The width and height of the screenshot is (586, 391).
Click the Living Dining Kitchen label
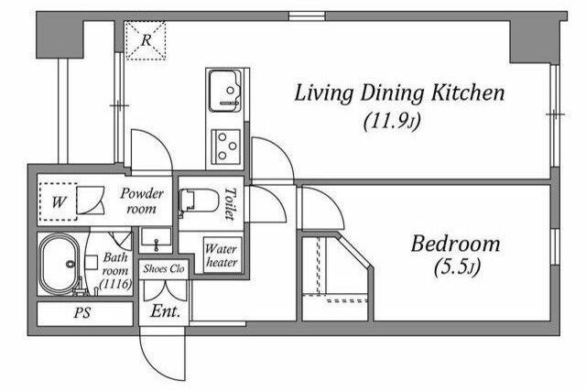pos(399,93)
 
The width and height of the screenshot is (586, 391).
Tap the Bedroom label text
pos(455,244)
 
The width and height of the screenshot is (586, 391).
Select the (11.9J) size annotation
pos(392,121)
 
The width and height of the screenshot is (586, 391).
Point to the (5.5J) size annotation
pos(457,267)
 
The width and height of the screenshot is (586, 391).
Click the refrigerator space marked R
pos(146,40)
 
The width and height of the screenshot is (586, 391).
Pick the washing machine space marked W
pos(59,201)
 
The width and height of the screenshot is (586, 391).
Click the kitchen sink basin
pos(224,91)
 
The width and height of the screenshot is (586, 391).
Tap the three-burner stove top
pos(225,147)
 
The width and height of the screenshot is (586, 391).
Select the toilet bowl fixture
pos(198,201)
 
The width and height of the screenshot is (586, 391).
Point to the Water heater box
pos(222,255)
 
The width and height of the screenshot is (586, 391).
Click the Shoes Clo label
pos(164,268)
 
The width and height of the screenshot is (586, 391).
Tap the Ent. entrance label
pos(165,310)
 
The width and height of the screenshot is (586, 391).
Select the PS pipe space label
pos(82,313)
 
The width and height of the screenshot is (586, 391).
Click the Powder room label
pos(142,201)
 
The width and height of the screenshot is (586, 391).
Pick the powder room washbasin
pos(156,239)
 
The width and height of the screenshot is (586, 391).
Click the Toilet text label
pos(231,203)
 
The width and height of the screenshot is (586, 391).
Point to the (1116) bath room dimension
pos(116,284)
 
